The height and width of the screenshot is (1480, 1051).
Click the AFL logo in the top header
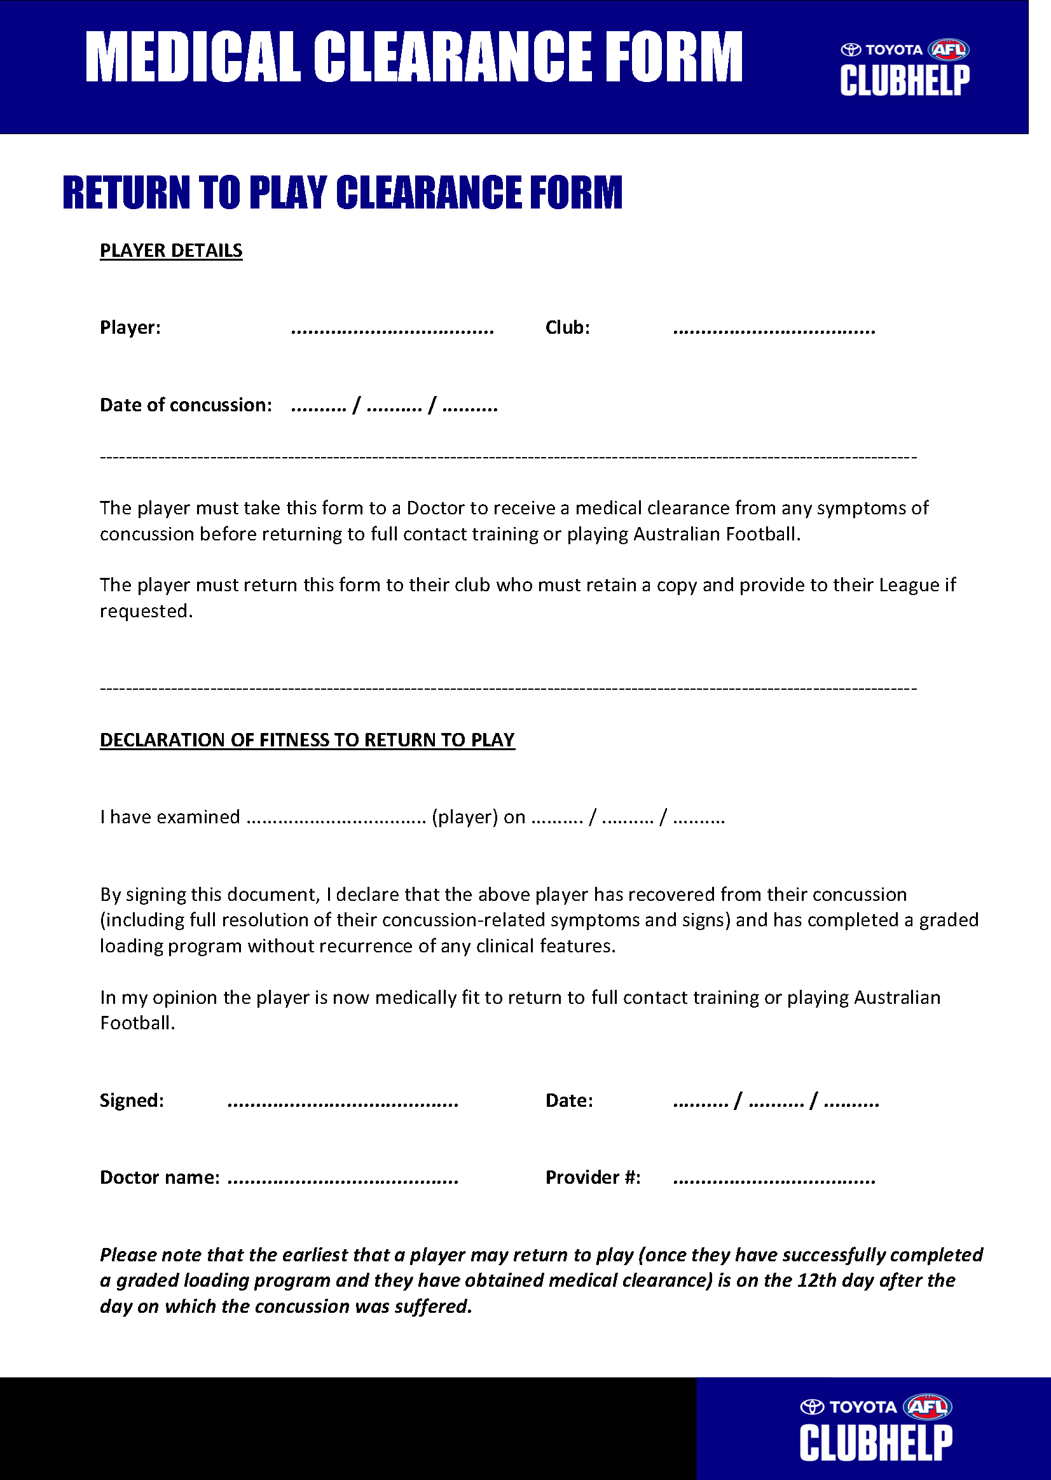coord(948,50)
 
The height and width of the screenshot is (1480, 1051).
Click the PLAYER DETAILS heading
coord(171,250)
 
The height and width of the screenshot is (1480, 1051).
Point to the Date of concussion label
coord(186,405)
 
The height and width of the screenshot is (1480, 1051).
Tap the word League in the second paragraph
coord(908,585)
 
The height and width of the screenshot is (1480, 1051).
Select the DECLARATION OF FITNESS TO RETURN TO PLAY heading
coord(307,739)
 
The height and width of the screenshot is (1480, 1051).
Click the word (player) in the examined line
coord(465,818)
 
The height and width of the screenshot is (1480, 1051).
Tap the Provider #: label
coord(593,1177)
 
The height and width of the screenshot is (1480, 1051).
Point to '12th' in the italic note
coord(817,1280)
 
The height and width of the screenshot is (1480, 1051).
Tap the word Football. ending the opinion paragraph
coord(137,1023)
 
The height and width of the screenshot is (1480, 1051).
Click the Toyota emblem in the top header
coord(850,50)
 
